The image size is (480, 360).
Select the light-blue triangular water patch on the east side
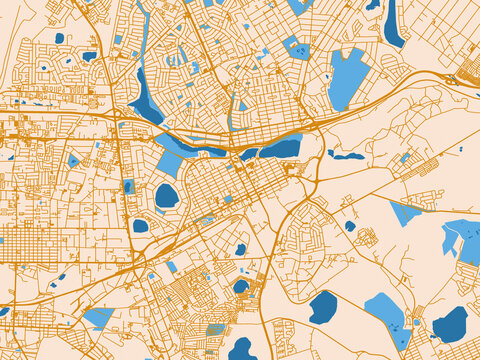pos(405,213)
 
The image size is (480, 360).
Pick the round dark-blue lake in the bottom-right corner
pos(450,324)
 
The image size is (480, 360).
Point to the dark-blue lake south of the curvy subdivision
pos(322,307)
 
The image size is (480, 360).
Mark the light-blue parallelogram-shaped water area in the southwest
pos(98,318)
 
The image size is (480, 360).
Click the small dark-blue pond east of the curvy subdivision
pos(350,226)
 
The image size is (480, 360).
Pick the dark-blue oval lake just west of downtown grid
pos(166,196)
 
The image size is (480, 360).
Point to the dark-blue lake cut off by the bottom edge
pos(242,350)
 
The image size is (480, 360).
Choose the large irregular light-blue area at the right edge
pos(463,240)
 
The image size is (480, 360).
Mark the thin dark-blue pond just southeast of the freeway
pos(346,155)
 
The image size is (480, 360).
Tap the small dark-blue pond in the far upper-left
pos(59,38)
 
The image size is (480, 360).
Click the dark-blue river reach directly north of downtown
pos(280,148)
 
